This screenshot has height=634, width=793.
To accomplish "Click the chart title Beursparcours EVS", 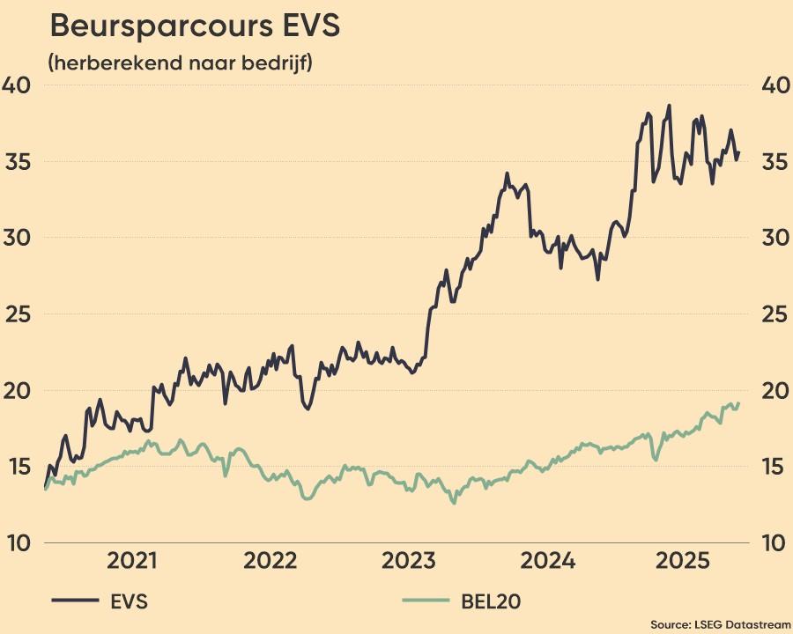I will click(x=195, y=26).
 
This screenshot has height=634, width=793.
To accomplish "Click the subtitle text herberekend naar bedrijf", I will click(x=181, y=63).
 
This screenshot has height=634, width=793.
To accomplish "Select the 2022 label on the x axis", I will click(x=271, y=561).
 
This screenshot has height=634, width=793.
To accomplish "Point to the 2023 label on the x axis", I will click(x=408, y=561).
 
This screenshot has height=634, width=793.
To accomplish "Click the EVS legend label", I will click(x=130, y=602).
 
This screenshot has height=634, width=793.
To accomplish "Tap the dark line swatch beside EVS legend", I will click(x=75, y=601).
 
